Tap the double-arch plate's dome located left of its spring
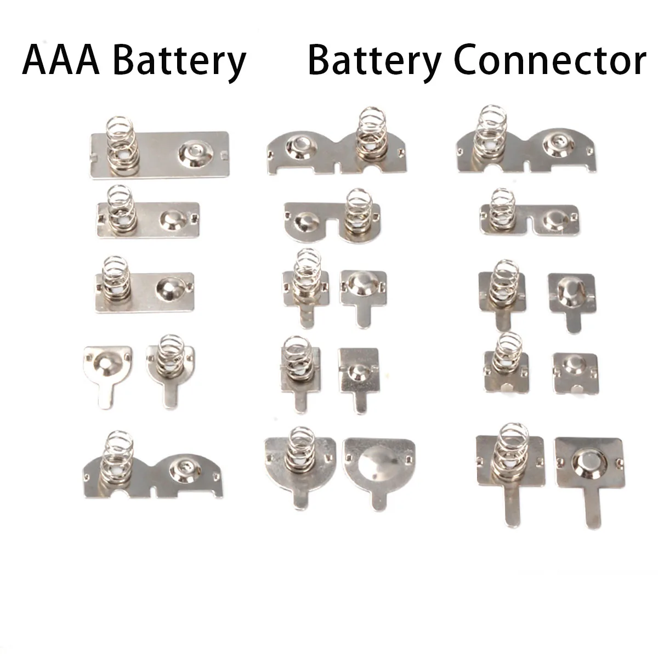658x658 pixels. pos(299,145)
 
